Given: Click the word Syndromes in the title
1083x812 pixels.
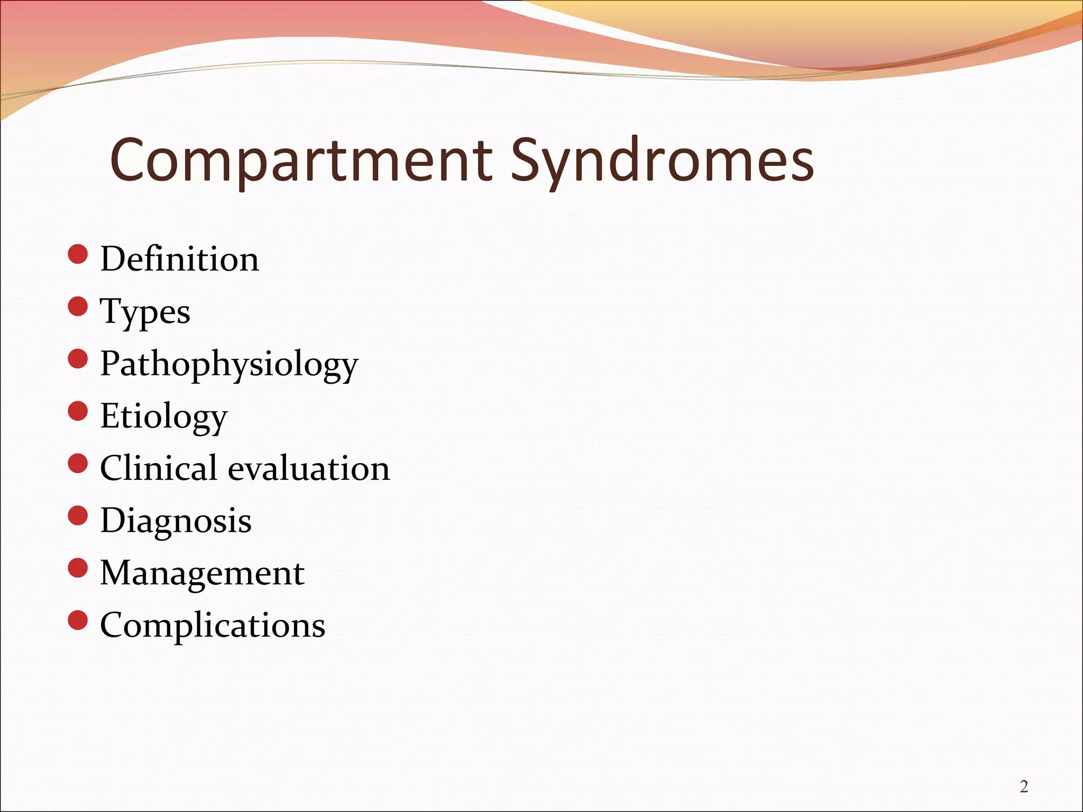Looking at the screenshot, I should click(662, 160).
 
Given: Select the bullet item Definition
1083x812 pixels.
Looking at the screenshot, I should click(180, 259).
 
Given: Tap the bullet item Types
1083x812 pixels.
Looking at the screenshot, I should click(145, 311).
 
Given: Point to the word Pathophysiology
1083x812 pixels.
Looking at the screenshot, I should click(229, 364).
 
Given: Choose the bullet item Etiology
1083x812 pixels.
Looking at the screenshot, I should click(164, 416).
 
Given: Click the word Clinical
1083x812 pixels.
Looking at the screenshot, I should click(159, 468).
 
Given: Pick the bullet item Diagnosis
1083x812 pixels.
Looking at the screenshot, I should click(176, 520).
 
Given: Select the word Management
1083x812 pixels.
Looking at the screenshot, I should click(202, 573).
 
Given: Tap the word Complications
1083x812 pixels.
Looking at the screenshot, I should click(213, 625).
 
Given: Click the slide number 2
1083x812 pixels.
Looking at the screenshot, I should click(1024, 787).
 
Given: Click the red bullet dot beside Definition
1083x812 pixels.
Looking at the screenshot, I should click(78, 254).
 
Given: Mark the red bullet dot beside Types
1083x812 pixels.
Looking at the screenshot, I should click(78, 307).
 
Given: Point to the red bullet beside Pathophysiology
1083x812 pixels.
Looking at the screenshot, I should click(78, 359).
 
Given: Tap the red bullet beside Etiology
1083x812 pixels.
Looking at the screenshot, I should click(78, 411).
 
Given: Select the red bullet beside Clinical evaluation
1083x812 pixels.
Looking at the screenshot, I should click(78, 463).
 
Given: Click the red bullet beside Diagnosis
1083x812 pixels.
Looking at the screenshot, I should click(78, 515).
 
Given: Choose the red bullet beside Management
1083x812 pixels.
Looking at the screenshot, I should click(78, 568).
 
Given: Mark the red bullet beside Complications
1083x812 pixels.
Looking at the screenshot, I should click(78, 620).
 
